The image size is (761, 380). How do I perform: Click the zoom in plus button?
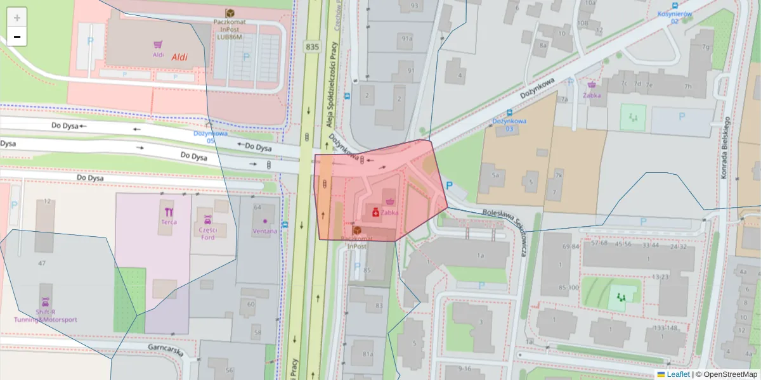[x=17, y=18]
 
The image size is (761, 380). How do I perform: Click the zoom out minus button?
[x=17, y=37]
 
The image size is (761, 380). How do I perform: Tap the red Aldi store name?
[x=179, y=57]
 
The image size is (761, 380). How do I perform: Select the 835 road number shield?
[x=311, y=46]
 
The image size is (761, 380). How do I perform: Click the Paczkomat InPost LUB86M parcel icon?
[x=230, y=13]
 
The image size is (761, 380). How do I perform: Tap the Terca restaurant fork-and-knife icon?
[x=169, y=212]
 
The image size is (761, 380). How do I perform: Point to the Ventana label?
[x=264, y=231]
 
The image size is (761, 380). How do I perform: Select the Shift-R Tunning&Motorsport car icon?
[x=46, y=302]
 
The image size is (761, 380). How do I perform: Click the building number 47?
[x=42, y=262]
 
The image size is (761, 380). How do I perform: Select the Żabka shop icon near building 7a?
[x=592, y=84]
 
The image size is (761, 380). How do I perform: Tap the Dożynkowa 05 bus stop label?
[x=211, y=137]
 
